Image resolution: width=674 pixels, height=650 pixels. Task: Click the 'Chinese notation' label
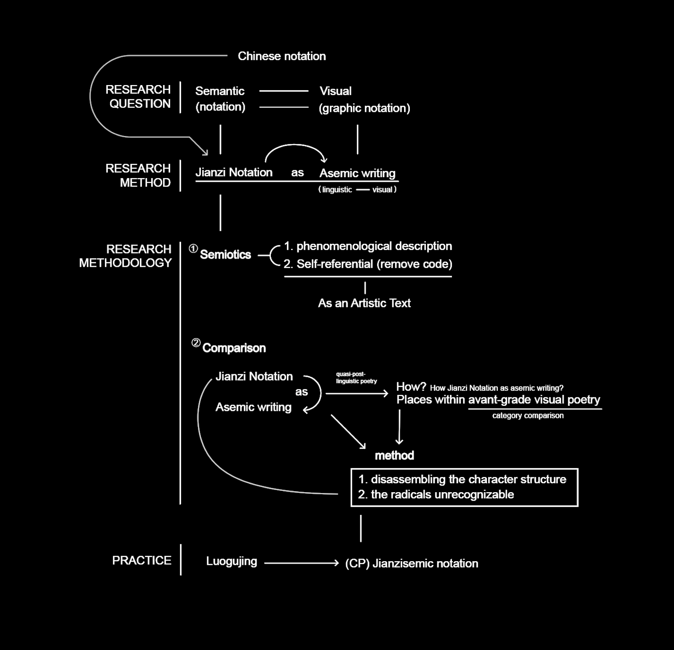281,56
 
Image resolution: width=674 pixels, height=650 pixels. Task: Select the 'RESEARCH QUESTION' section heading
138,96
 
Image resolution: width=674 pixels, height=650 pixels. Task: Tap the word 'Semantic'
220,91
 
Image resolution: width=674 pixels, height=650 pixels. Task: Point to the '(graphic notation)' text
364,108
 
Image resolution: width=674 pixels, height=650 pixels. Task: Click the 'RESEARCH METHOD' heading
138,175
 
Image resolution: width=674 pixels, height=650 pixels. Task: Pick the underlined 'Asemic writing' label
357,173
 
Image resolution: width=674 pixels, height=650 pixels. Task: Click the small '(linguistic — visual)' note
357,189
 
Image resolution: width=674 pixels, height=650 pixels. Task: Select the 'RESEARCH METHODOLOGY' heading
126,256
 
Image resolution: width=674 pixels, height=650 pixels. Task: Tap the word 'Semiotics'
225,255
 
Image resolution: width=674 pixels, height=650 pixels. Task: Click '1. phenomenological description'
368,246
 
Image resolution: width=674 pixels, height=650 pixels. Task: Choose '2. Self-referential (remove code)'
368,264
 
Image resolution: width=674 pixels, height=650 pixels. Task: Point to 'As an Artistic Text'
364,303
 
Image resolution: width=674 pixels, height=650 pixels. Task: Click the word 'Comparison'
234,348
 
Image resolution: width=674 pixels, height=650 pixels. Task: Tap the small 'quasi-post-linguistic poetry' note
356,378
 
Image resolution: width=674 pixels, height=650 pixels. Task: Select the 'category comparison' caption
528,416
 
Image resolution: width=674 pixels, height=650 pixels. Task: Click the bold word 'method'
394,455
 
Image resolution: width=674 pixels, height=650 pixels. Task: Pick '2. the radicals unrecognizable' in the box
436,494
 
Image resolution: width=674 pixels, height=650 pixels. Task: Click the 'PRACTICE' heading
142,560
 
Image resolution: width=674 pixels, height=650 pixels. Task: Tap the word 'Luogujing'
231,561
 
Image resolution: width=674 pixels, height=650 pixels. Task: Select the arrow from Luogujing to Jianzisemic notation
301,563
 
